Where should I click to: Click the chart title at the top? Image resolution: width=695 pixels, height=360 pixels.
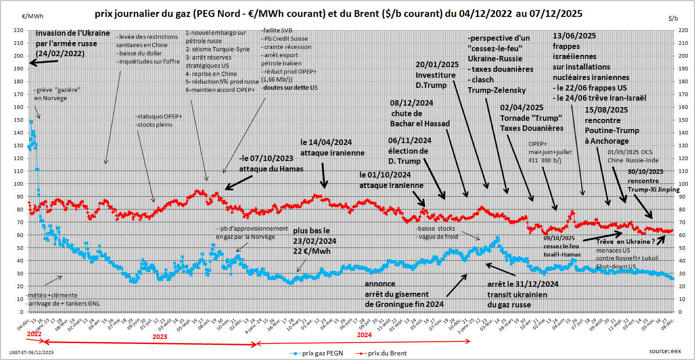[338, 14]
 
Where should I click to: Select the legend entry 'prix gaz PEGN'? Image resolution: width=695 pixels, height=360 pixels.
[320, 353]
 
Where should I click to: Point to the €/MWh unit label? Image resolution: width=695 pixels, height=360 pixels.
[32, 16]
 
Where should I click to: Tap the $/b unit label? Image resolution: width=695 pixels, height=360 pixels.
[673, 18]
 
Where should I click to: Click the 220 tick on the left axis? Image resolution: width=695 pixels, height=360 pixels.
[19, 30]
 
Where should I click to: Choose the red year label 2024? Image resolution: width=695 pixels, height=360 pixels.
[364, 334]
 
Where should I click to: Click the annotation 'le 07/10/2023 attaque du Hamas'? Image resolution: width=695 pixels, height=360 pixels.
[271, 164]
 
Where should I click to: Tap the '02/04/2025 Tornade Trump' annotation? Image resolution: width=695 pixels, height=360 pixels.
[531, 118]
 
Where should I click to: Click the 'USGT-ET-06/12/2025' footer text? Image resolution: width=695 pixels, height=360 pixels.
[31, 353]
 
